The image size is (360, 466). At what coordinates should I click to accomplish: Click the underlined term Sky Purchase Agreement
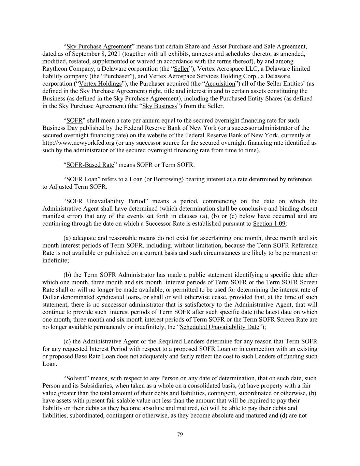99,46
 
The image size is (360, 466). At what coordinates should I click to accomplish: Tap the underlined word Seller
181,69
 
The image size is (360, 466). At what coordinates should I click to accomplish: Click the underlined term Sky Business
159,106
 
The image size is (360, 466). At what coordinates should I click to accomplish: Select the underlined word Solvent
75,378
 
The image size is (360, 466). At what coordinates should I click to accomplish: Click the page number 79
180,435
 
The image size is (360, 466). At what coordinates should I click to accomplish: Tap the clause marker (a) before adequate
67,238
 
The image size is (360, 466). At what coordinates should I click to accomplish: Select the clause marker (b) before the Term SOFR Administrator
68,275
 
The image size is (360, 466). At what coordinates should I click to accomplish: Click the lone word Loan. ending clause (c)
49,364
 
